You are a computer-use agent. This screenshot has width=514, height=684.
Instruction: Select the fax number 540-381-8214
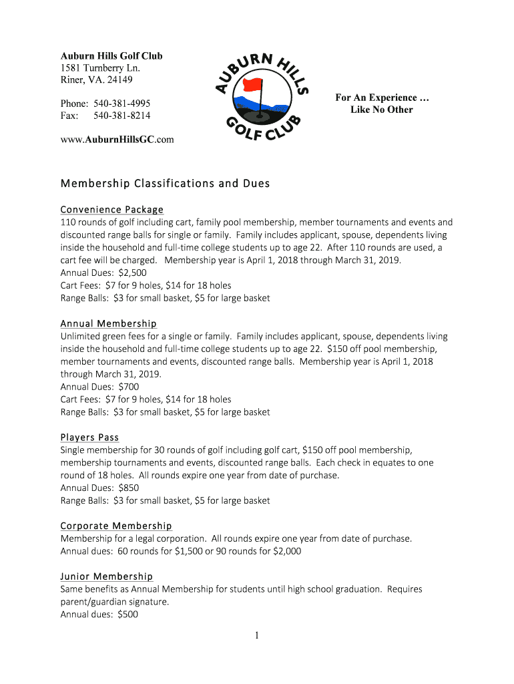(x=121, y=116)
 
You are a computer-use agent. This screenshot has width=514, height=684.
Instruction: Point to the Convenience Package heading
(x=111, y=210)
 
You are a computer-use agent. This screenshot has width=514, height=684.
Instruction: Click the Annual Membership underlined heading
(x=108, y=324)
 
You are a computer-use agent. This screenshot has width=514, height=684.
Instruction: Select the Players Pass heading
(x=89, y=438)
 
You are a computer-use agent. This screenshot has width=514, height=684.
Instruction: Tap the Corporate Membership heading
(x=116, y=526)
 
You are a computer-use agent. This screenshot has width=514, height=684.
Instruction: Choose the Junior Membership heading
(x=106, y=576)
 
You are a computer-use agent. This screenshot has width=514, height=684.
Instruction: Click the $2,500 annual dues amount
(x=132, y=273)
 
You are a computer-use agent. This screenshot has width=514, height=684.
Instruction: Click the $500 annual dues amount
(x=127, y=615)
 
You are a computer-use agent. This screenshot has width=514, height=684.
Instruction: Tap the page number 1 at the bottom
(x=256, y=636)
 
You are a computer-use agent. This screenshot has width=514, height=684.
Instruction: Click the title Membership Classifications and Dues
(x=165, y=183)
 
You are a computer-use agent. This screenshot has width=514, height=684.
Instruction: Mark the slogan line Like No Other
(x=382, y=110)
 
